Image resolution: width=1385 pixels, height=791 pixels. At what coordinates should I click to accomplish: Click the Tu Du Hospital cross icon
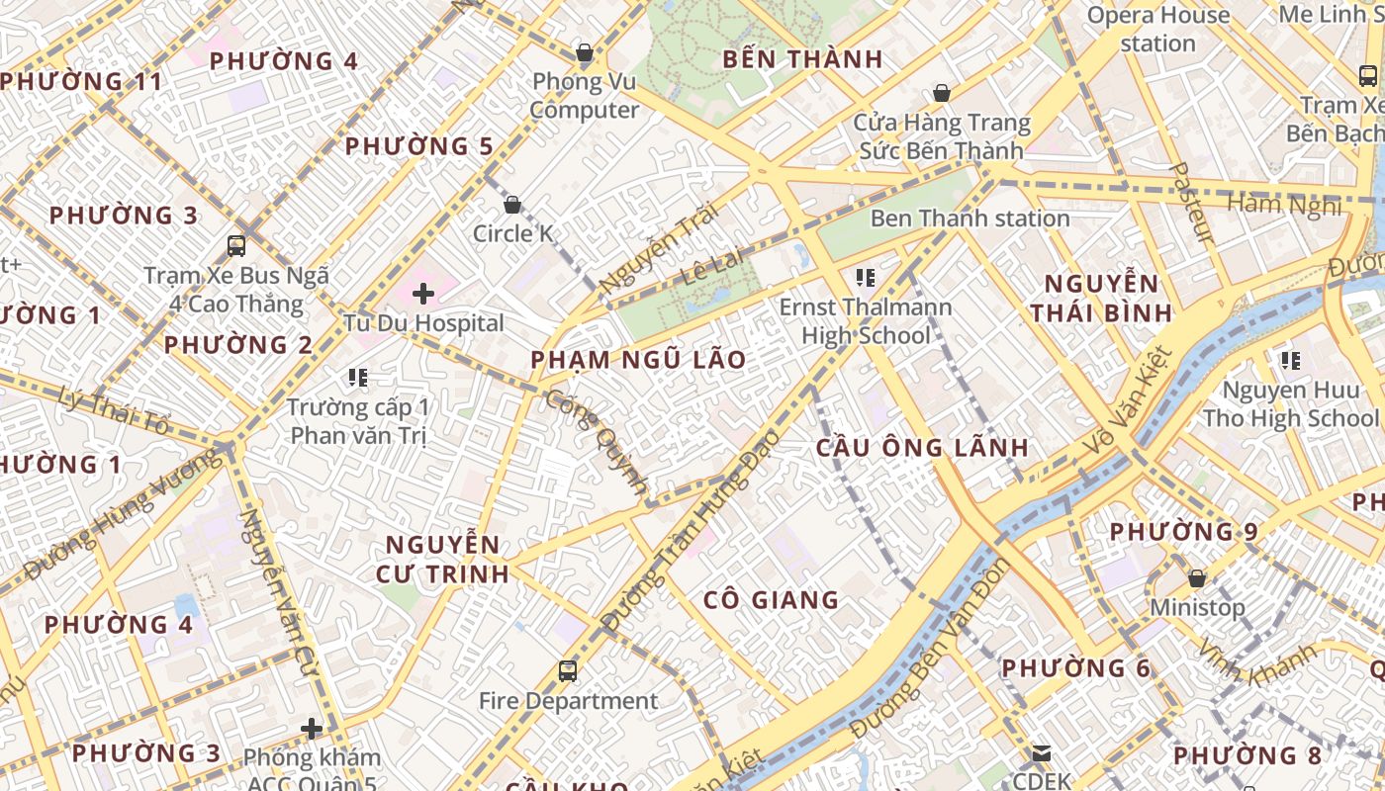[x=423, y=294]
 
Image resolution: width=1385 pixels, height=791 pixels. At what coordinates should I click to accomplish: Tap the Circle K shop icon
[x=512, y=206]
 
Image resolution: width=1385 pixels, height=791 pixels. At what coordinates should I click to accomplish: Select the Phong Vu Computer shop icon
[x=585, y=52]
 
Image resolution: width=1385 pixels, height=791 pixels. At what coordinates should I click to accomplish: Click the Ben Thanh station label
[x=969, y=219]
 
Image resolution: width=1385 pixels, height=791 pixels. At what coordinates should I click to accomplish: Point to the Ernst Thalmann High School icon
[x=866, y=278]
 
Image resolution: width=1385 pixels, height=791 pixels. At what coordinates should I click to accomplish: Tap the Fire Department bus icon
[x=568, y=671]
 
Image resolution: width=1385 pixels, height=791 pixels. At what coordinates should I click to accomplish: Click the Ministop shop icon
[x=1197, y=578]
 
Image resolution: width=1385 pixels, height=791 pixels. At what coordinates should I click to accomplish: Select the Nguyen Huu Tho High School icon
[x=1290, y=361]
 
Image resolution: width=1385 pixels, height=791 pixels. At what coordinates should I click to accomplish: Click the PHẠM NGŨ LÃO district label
[x=638, y=360]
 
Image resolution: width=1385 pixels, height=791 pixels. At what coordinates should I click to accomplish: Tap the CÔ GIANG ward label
[x=771, y=599]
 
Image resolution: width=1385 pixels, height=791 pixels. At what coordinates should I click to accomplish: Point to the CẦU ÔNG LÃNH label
[x=922, y=447]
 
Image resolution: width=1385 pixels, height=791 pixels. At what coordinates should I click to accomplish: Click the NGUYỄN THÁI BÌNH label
[x=1100, y=299]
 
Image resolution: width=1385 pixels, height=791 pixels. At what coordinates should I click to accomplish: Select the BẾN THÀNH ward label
[x=802, y=59]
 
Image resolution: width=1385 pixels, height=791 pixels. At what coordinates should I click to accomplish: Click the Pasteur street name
[x=1191, y=202]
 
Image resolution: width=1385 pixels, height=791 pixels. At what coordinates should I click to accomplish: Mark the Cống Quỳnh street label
[x=598, y=442]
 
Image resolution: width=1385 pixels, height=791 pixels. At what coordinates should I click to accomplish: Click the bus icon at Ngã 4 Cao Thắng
[x=236, y=246]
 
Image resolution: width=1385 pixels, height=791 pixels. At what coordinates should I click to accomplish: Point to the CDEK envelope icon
[x=1042, y=753]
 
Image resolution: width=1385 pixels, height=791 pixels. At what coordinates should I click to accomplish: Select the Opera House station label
[x=1157, y=29]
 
